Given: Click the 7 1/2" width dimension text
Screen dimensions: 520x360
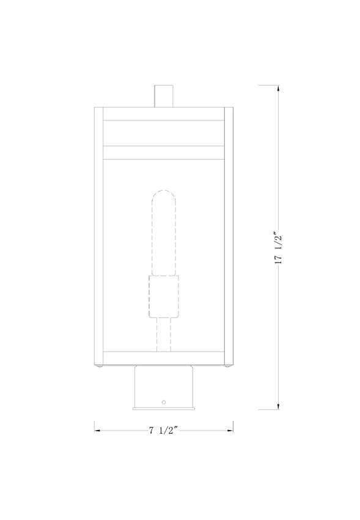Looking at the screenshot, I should click(x=163, y=430).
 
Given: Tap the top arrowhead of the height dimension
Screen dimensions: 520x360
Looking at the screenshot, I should click(x=279, y=89).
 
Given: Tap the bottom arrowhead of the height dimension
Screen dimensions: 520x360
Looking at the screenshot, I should click(x=279, y=405).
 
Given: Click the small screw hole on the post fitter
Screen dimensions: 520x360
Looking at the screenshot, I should click(x=163, y=402).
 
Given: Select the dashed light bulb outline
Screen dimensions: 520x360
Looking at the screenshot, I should click(x=163, y=232).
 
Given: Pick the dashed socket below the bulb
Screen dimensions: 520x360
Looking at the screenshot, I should click(x=163, y=296).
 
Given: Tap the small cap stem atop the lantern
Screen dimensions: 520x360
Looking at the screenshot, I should click(x=164, y=95).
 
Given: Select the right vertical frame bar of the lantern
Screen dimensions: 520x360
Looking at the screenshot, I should click(x=230, y=236).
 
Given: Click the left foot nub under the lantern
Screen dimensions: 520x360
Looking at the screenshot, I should click(x=100, y=368).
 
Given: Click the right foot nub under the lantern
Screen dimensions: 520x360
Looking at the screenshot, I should click(x=228, y=368).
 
